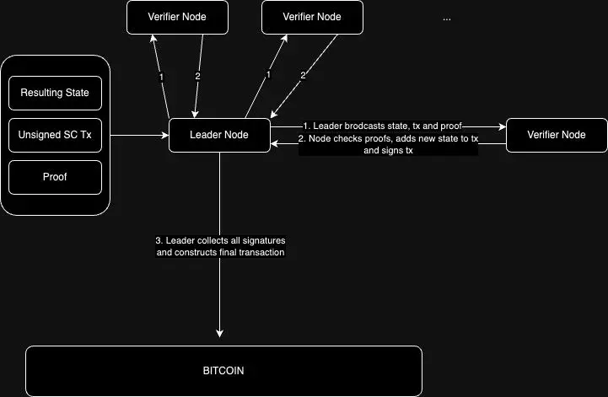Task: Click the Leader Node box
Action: pos(219,136)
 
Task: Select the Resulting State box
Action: pos(55,92)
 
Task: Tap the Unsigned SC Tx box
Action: pos(55,136)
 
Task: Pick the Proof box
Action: pos(55,178)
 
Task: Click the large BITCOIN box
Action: pos(223,370)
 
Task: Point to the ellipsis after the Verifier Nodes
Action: pos(447,18)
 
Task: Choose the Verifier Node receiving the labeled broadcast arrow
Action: pos(556,135)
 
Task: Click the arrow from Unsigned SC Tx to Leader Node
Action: pos(139,136)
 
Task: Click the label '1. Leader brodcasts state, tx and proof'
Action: pos(382,126)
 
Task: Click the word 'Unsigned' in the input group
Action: pos(40,136)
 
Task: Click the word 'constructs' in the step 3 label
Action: pos(200,252)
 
